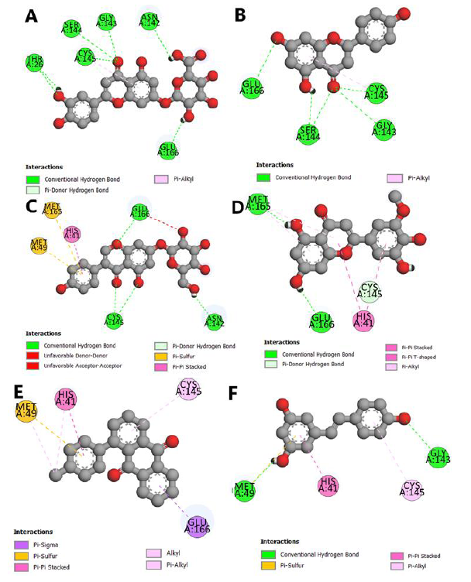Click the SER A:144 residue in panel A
(71, 28)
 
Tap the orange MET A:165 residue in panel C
(53, 210)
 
